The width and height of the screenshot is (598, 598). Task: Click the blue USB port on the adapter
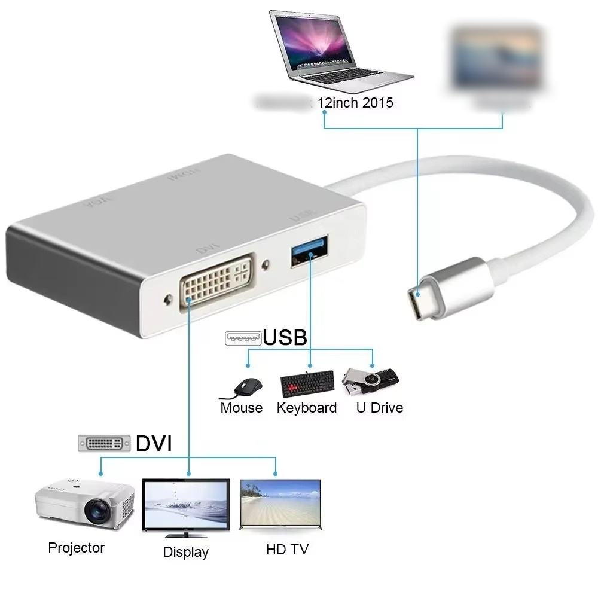[x=311, y=252]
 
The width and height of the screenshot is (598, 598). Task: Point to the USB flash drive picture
[x=370, y=381]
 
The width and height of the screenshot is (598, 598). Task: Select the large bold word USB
[x=285, y=338]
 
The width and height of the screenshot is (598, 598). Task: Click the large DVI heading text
[x=154, y=444]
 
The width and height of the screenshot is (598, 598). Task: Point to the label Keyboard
[x=307, y=408]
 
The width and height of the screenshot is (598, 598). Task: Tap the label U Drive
[x=379, y=408]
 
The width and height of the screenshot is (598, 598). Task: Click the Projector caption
[x=77, y=547]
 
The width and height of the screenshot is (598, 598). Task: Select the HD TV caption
[x=287, y=549]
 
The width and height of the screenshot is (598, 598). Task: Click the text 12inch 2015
[x=355, y=103]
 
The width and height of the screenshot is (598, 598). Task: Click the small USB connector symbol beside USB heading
[x=243, y=338]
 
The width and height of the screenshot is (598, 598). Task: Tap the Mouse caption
[x=242, y=408]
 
